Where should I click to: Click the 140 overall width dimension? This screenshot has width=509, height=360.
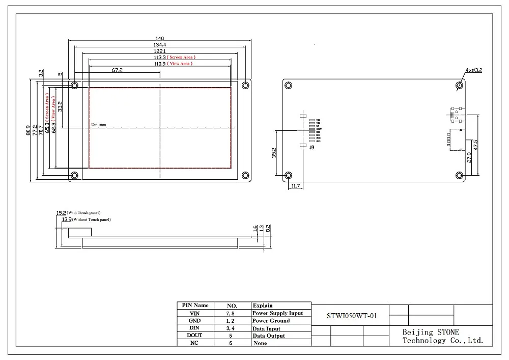pos(160,38)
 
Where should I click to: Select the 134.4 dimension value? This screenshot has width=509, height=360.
pos(160,45)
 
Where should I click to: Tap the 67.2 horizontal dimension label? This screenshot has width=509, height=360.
pos(117,70)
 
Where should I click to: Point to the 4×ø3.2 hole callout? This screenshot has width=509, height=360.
pos(473,70)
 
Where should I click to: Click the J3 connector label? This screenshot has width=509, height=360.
pos(311,147)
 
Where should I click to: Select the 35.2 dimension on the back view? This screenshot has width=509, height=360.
pos(274,152)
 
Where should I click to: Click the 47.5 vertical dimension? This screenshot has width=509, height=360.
pos(475,144)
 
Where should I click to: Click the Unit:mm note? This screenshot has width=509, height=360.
pos(99,124)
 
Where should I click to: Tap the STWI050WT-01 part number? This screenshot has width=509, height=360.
pos(352,315)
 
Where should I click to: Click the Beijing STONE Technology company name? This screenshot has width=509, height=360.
pos(442,336)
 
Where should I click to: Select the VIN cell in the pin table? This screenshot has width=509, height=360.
pos(194,313)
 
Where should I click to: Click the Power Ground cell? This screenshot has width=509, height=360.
pos(271,321)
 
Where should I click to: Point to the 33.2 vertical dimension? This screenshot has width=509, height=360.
pos(60,106)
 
